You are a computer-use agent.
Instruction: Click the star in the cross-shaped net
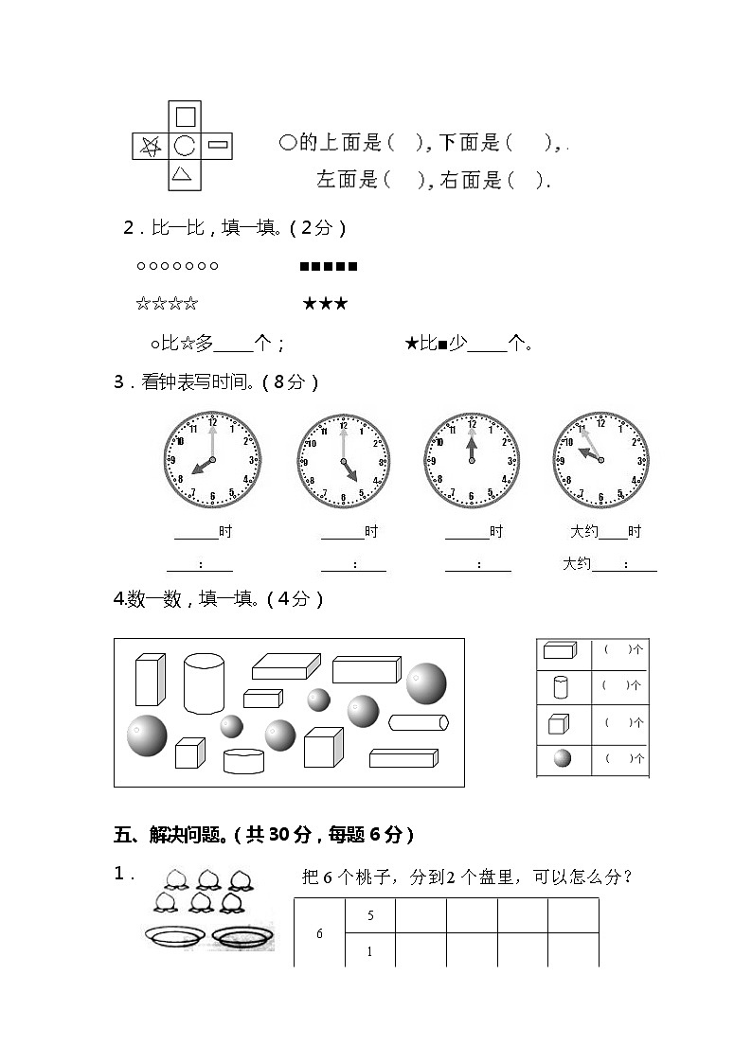coord(150,146)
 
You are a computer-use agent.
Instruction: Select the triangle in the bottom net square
coord(184,174)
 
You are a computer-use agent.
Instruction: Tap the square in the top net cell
coord(186,116)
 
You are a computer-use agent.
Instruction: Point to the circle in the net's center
coord(185,145)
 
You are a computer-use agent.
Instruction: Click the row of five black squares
coord(329,267)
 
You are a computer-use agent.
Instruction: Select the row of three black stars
coord(325,304)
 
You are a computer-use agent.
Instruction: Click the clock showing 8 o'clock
coord(212,459)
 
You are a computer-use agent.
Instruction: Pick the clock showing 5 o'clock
coord(343,460)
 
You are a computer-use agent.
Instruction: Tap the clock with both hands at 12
coord(471,459)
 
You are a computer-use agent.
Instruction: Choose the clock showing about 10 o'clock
coord(600,459)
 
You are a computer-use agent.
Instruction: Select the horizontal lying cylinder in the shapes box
coord(418,723)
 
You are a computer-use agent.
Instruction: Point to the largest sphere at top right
coord(426,683)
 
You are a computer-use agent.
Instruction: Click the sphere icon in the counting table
coord(563,758)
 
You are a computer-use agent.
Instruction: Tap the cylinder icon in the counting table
coord(559,685)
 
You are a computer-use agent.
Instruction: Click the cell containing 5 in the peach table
coord(369,915)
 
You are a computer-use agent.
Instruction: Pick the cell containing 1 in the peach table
coord(369,951)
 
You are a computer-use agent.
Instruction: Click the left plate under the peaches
coord(174,936)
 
